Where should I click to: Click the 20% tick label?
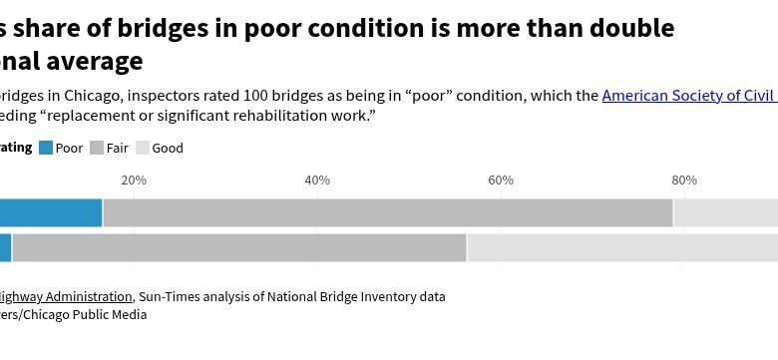pyautogui.click(x=134, y=180)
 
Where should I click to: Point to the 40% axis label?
pyautogui.click(x=317, y=180)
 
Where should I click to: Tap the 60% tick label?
pyautogui.click(x=501, y=180)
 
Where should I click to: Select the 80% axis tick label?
pyautogui.click(x=684, y=180)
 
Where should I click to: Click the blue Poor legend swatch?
pyautogui.click(x=46, y=149)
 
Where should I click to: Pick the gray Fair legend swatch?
pyautogui.click(x=97, y=149)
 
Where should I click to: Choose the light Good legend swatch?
pyautogui.click(x=143, y=149)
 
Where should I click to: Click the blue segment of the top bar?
pyautogui.click(x=50, y=212)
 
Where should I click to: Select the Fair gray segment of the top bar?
pyautogui.click(x=388, y=212)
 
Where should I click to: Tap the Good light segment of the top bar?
pyautogui.click(x=726, y=212)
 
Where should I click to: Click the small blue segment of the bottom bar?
pyautogui.click(x=5, y=247)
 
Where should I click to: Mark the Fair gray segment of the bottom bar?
pyautogui.click(x=239, y=247)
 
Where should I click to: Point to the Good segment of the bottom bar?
pyautogui.click(x=622, y=247)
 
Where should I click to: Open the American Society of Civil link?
pyautogui.click(x=689, y=97)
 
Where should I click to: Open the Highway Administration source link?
pyautogui.click(x=65, y=296)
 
